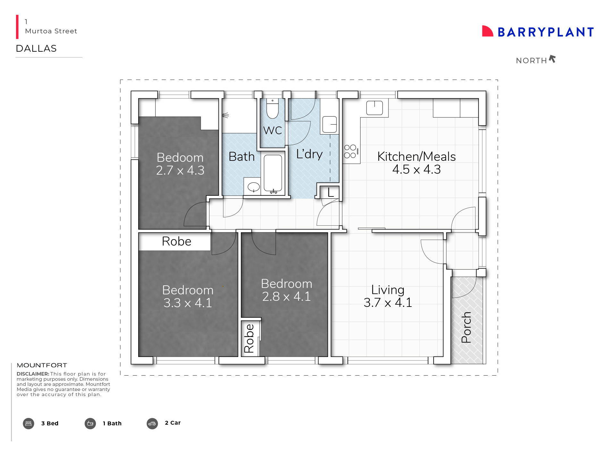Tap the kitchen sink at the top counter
[374, 108]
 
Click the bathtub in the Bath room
[273, 174]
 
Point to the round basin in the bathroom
[253, 187]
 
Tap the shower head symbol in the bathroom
[225, 115]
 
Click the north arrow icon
[552, 59]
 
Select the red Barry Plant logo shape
[487, 31]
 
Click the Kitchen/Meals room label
[416, 157]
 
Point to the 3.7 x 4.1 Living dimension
[387, 302]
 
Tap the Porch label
[466, 327]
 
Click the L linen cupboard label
[331, 193]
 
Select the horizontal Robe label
[176, 241]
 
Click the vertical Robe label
[249, 338]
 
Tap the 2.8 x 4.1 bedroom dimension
[286, 296]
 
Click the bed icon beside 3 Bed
[29, 423]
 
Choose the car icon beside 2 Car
[152, 423]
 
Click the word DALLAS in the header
[36, 48]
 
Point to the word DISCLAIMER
[33, 374]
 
